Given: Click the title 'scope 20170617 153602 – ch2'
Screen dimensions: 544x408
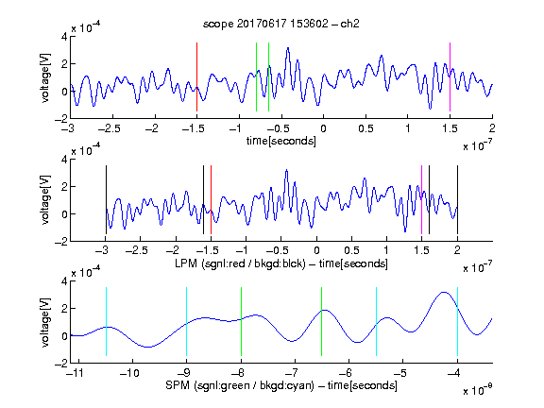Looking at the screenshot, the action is click(281, 24).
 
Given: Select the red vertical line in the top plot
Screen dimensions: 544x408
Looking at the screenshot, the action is click(196, 77).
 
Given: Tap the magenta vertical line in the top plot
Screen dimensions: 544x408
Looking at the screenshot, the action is click(450, 77).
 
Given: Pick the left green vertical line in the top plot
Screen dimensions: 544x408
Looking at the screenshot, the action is click(256, 77).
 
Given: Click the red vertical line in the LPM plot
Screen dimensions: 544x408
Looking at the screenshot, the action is click(211, 200).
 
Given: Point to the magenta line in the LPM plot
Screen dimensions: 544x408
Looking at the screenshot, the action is click(421, 200).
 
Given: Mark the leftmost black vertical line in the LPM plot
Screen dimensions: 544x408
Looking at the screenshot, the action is click(106, 200).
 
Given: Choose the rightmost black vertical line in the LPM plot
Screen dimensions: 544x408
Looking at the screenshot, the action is click(457, 200).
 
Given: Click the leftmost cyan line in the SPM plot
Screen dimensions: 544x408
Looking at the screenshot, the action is click(106, 322).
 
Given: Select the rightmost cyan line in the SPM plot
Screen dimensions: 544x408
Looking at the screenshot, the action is click(457, 322).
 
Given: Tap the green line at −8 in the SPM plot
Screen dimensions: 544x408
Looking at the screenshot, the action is click(241, 322).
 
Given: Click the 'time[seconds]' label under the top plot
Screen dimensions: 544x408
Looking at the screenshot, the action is click(281, 141).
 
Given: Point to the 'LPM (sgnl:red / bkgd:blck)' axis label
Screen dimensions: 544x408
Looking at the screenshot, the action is click(240, 263).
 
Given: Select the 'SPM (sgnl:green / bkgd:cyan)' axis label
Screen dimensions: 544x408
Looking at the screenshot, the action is click(240, 385).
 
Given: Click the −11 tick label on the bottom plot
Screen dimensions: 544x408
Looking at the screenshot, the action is click(75, 373).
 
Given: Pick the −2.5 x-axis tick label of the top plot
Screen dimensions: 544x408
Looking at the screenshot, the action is click(109, 128).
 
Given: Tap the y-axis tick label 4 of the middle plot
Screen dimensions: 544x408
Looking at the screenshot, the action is click(64, 160).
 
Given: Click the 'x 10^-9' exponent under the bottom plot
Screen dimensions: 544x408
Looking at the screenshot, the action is click(478, 389).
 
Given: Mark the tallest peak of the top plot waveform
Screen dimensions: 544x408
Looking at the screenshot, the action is click(288, 48).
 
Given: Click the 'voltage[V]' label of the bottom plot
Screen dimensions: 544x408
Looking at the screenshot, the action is click(45, 322).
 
